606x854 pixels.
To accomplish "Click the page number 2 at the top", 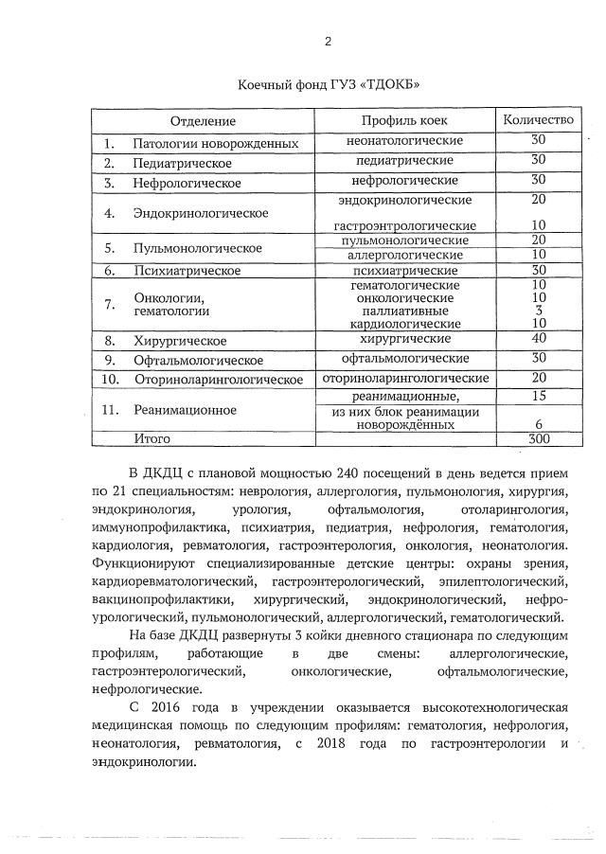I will click(328, 42).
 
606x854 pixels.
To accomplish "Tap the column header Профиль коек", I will click(404, 120).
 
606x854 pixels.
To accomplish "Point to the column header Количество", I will click(538, 120).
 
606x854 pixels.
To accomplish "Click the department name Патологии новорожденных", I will click(216, 144).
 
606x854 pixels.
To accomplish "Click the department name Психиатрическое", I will click(179, 271).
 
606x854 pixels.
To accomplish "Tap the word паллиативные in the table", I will click(404, 311).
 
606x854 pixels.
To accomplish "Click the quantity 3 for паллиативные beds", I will click(539, 311).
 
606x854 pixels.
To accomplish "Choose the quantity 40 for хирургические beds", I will click(539, 339).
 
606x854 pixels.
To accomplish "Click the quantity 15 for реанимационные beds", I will click(539, 396).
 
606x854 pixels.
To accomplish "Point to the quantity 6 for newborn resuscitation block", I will click(539, 425).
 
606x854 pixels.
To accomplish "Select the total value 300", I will click(539, 439).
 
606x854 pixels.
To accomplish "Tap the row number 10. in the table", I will click(110, 380).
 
